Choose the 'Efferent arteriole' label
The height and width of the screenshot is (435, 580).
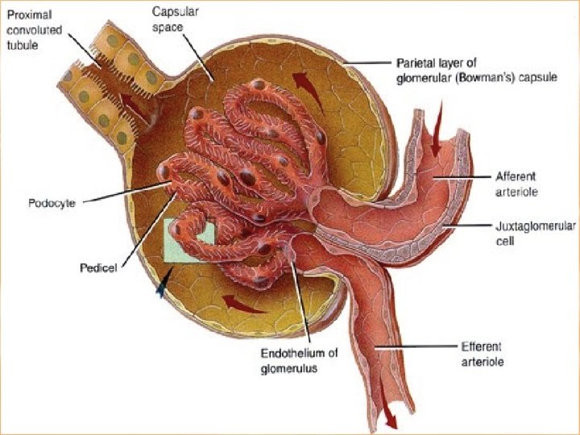coord(483,353)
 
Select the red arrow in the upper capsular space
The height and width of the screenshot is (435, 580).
coord(304,83)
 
